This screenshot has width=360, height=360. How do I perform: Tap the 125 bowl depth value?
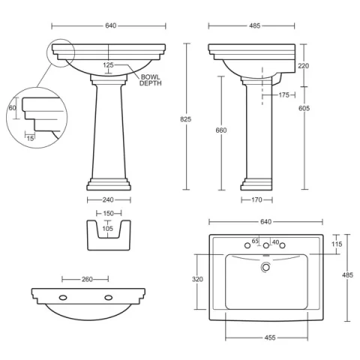[x=109, y=65]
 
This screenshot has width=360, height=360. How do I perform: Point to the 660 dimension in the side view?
[x=221, y=130]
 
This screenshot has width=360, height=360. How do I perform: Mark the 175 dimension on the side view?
[x=283, y=94]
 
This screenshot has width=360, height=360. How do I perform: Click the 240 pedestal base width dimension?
[x=109, y=200]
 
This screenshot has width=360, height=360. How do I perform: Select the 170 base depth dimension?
[x=256, y=200]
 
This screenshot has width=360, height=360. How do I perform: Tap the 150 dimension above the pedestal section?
[x=109, y=214]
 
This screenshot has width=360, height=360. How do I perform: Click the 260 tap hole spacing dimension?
[x=87, y=279]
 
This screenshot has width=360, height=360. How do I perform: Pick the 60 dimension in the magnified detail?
[x=13, y=108]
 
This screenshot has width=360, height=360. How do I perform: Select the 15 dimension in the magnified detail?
[x=30, y=137]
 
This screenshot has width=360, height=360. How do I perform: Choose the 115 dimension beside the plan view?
[x=337, y=244]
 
